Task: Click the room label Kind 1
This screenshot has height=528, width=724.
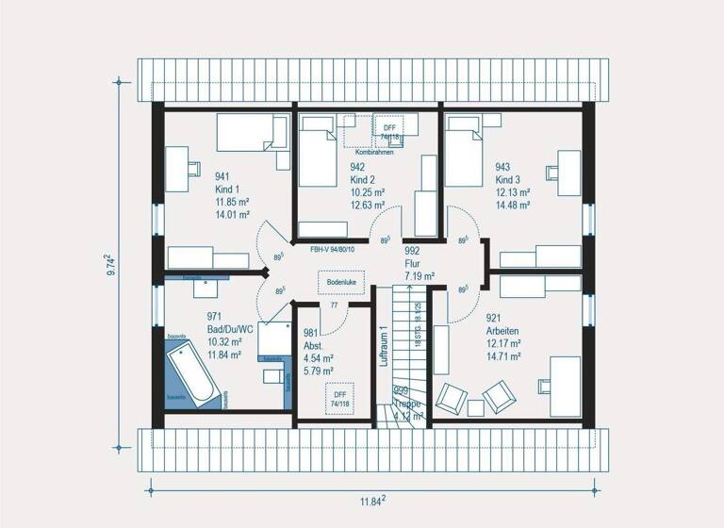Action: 229,190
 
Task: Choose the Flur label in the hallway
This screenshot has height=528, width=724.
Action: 412,264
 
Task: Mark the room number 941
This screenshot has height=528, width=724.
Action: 223,176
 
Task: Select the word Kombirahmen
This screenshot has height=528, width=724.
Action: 375,152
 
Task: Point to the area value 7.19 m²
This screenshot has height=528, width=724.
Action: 420,276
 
